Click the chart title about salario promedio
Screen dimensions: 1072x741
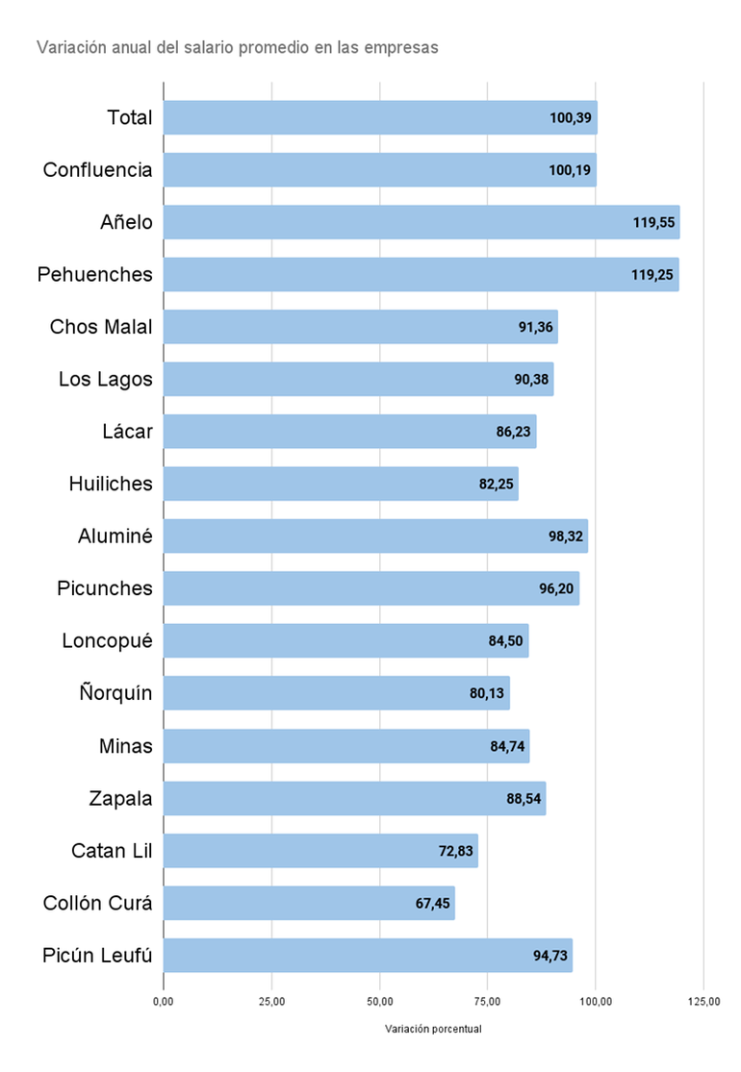(237, 47)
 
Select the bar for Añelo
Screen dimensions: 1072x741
(422, 222)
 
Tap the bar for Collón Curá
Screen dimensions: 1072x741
(308, 903)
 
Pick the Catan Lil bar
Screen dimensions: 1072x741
(319, 851)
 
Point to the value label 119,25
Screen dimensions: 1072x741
(654, 275)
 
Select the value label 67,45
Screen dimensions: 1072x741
(433, 903)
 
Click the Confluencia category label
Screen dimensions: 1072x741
(97, 170)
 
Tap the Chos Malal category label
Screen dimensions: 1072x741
(101, 327)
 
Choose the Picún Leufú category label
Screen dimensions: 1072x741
(97, 956)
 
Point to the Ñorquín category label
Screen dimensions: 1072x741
(113, 693)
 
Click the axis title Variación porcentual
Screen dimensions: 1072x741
(433, 1029)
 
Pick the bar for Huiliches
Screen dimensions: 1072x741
(341, 484)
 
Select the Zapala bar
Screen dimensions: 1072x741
(354, 798)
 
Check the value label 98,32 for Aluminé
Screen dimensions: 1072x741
(564, 536)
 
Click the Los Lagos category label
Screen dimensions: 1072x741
(105, 379)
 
